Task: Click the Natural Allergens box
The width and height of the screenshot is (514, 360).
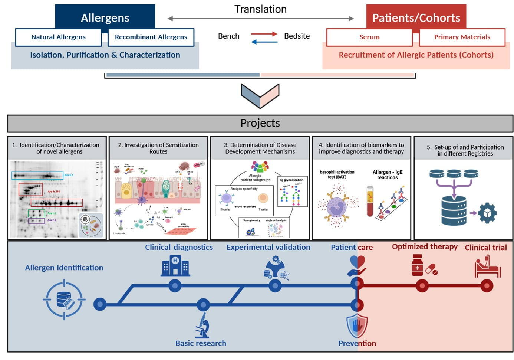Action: pos(58,37)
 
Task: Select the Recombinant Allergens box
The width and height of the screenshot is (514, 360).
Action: pos(151,37)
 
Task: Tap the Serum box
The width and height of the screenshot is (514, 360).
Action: pos(369,37)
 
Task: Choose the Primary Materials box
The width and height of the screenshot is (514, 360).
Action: pos(462,37)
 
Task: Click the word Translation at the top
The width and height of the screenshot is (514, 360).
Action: pos(260,9)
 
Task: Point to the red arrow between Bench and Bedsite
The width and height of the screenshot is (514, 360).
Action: pos(264,34)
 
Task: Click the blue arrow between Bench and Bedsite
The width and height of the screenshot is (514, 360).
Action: pos(264,42)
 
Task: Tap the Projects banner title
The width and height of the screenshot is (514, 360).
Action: pos(260,123)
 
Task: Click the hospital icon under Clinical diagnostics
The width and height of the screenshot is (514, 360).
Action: pos(175,266)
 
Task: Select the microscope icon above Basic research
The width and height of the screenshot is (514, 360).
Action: pos(202,325)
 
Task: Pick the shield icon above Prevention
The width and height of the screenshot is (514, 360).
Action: pos(357,326)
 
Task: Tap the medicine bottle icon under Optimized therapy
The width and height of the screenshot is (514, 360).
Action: pos(418,265)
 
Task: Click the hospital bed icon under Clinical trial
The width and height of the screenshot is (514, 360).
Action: pos(487,266)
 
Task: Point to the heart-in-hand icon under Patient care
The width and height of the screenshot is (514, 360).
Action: pos(357,266)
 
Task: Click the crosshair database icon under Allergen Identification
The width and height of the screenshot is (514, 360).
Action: pos(64,300)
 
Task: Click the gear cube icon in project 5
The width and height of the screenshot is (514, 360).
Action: pos(487,213)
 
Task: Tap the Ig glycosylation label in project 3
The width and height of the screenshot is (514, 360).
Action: pos(292,180)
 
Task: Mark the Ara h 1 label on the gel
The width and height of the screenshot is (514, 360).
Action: pos(69,175)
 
